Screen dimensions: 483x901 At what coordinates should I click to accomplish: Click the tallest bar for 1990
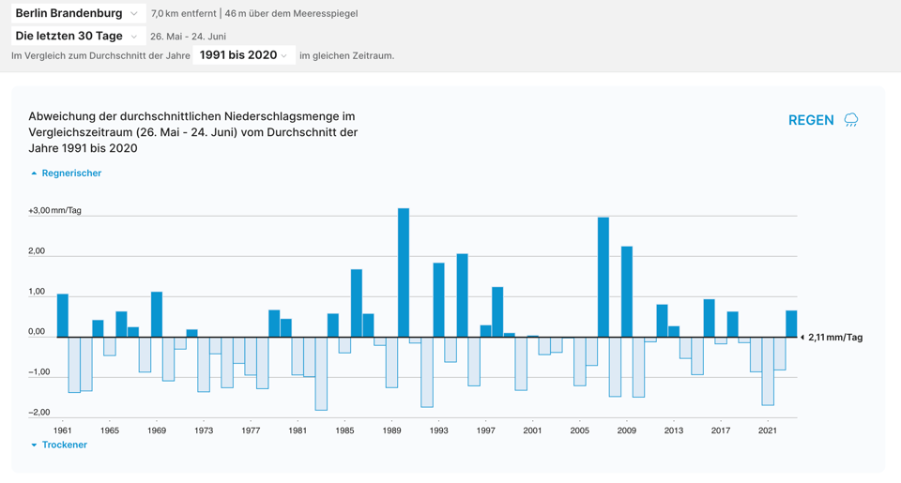tap(404, 272)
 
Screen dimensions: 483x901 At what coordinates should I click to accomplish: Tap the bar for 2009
tap(627, 292)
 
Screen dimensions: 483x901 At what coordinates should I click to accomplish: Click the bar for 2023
tap(791, 324)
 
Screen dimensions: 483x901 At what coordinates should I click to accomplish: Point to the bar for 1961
tap(63, 316)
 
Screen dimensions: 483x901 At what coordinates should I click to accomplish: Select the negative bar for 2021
tap(768, 370)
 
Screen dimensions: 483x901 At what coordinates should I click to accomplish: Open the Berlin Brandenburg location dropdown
tap(78, 13)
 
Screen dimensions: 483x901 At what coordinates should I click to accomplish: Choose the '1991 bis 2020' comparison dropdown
tap(244, 55)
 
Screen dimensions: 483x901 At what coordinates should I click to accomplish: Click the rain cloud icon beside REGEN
tap(851, 120)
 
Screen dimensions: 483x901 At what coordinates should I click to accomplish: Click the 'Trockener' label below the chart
tap(64, 445)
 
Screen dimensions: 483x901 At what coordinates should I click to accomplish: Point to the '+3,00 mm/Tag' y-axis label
tap(54, 210)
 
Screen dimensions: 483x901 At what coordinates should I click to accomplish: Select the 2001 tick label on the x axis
tap(532, 430)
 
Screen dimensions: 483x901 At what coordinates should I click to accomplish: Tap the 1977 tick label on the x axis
tap(251, 430)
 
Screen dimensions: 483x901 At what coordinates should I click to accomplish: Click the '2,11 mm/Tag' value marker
tap(834, 338)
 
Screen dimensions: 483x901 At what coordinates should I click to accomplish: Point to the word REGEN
tap(811, 120)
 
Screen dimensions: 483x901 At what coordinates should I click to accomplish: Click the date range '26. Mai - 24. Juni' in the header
tap(188, 37)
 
